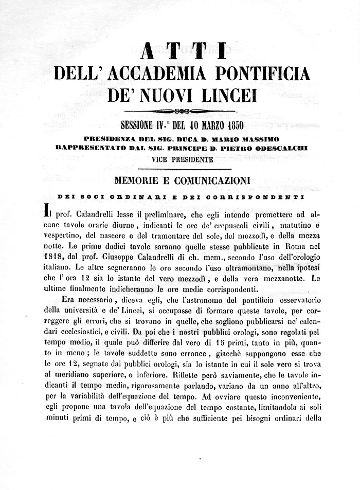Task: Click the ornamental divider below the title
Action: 181,111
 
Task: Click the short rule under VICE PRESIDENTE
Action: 181,169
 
